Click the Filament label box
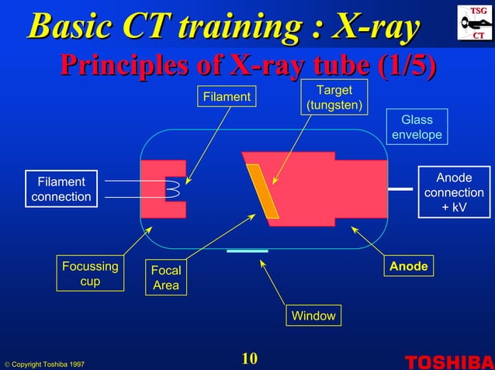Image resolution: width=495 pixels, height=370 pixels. click(226, 97)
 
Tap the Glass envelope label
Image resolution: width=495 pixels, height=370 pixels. click(417, 127)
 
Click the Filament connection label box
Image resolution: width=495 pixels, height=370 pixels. click(61, 189)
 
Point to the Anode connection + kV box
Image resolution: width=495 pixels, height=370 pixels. click(454, 192)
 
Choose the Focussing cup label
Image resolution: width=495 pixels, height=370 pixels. click(90, 274)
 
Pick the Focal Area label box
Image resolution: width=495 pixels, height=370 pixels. click(165, 278)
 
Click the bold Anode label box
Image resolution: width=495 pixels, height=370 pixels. click(408, 266)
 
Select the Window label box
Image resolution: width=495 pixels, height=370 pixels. click(313, 316)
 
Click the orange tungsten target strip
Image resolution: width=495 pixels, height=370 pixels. click(262, 191)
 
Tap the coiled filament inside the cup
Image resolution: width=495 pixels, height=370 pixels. click(174, 189)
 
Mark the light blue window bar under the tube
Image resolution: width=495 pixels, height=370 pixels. click(247, 251)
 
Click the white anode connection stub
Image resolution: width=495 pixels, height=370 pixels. click(400, 188)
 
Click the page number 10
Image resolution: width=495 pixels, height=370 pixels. click(248, 358)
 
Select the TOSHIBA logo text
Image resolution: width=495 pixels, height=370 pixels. click(448, 361)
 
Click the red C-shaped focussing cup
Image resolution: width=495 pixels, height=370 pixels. click(155, 190)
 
